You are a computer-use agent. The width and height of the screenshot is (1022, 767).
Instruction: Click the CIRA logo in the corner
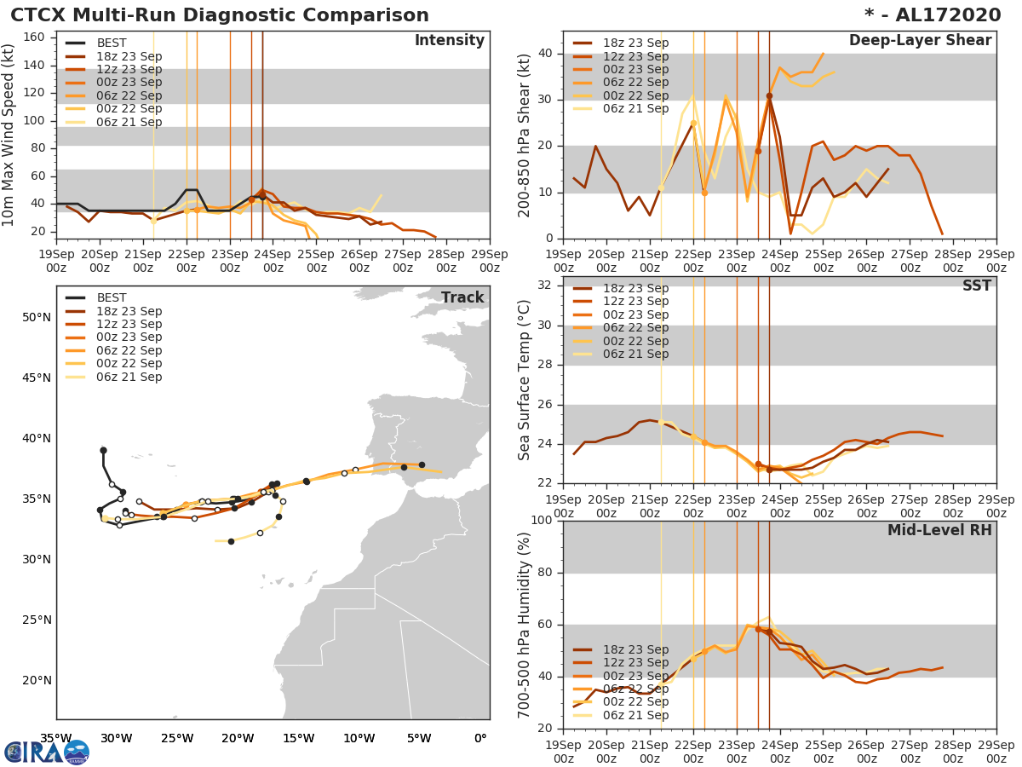point(46,752)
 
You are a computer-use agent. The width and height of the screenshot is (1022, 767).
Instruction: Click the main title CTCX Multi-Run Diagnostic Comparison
point(220,15)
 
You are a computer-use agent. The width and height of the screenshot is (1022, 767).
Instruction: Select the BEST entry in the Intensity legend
point(112,43)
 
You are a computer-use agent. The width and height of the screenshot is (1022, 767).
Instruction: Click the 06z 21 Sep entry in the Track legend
point(129,377)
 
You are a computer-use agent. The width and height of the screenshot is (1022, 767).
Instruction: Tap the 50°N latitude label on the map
point(37,317)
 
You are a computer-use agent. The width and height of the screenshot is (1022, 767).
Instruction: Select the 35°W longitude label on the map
point(56,738)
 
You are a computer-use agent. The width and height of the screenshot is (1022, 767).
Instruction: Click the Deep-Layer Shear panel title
point(920,41)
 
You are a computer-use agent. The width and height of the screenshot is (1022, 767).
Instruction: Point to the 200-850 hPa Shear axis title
point(525,135)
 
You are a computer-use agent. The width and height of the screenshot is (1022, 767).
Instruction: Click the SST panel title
point(976,285)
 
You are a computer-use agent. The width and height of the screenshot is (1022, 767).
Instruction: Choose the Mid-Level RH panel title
point(939,530)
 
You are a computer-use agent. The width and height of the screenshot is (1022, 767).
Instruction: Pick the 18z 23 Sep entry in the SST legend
point(635,288)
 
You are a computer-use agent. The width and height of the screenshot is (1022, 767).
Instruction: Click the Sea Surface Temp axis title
point(525,379)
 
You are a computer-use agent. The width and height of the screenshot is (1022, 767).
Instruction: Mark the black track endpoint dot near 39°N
point(103,450)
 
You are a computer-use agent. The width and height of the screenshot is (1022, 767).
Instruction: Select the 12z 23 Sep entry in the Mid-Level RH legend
point(635,662)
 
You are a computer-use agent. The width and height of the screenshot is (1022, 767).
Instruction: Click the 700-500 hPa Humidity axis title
point(525,624)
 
